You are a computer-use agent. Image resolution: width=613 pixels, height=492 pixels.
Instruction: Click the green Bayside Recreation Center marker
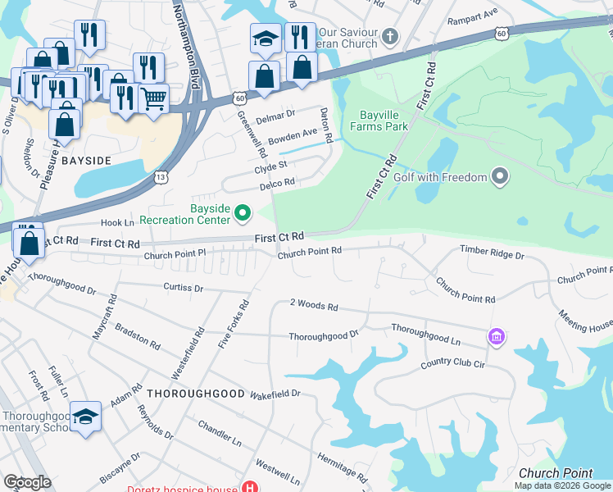(x=242, y=214)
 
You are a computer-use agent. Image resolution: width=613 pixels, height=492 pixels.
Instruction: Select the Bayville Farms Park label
(x=379, y=121)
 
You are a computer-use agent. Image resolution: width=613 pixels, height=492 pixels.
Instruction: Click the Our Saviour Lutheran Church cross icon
(x=389, y=36)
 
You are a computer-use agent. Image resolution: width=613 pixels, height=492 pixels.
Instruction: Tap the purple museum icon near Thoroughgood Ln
(x=495, y=336)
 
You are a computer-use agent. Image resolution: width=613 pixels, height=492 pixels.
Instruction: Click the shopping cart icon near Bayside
(x=153, y=99)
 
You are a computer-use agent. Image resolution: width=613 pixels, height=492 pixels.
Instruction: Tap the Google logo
(x=27, y=482)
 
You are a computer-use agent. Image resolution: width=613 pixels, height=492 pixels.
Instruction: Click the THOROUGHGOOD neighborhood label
(x=196, y=394)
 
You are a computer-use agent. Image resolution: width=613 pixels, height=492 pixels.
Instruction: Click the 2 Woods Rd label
(x=314, y=304)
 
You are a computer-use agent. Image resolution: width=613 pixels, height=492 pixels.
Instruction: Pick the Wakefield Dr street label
(x=275, y=394)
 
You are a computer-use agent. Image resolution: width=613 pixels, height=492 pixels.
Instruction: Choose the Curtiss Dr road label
(x=183, y=288)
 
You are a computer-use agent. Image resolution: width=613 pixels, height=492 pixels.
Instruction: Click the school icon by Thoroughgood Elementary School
(x=85, y=417)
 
